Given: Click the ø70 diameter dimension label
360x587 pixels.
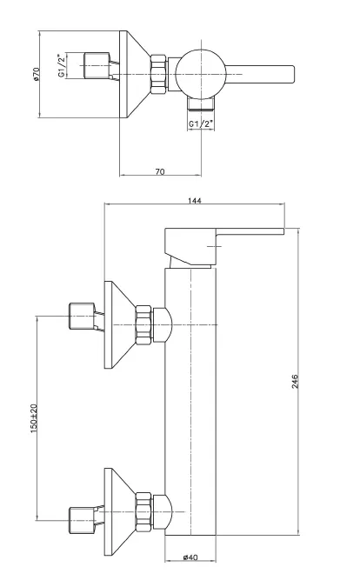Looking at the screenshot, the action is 36,74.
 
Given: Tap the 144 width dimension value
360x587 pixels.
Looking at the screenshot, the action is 195,201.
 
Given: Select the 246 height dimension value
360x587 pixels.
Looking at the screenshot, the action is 296,381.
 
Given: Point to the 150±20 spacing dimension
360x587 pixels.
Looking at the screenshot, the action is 34,418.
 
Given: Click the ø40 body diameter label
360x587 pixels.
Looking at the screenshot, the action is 190,557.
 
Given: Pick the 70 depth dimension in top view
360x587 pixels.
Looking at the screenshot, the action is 160,172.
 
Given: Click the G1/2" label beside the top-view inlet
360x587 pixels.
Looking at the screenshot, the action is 62,66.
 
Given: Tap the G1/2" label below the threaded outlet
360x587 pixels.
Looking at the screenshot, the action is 201,123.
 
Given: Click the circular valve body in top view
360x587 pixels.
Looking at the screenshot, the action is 201,74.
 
